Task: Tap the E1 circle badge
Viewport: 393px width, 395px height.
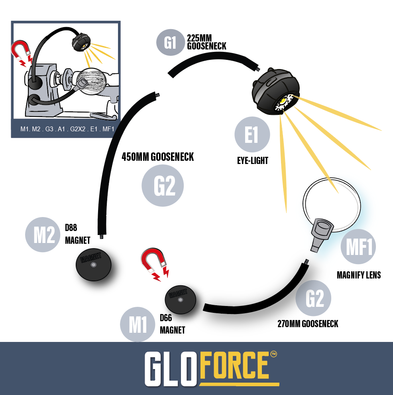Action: click(252, 134)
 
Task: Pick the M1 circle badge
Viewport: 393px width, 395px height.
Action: click(138, 324)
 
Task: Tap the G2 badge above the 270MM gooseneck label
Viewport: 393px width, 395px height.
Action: click(313, 298)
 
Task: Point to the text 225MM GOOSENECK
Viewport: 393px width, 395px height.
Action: click(206, 42)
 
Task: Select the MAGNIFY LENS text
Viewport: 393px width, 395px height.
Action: click(359, 275)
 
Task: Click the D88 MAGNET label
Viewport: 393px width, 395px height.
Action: click(77, 234)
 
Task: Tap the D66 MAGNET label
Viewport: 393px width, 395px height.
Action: click(172, 324)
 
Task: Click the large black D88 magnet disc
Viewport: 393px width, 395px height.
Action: click(93, 265)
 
